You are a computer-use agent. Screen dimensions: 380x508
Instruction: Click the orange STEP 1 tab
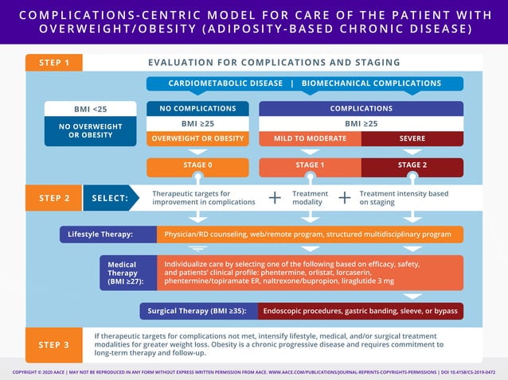(53, 63)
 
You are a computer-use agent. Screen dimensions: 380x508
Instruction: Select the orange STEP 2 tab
(53, 198)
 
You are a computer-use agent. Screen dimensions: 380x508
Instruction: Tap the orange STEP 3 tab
(53, 344)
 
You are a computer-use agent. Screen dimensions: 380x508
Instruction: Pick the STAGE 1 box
(310, 165)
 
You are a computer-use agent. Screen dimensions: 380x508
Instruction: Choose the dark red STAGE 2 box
(412, 165)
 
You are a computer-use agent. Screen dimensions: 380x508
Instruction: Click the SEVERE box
(412, 138)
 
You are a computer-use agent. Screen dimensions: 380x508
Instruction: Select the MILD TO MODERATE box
(310, 138)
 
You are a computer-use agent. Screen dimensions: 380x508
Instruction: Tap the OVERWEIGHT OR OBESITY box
(197, 138)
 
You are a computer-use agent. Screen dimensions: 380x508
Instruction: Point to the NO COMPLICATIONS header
(197, 108)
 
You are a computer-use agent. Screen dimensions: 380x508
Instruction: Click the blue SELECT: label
(110, 198)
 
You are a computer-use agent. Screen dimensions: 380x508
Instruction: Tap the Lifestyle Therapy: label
(100, 235)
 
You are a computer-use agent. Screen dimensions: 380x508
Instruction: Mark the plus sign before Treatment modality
(275, 198)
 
